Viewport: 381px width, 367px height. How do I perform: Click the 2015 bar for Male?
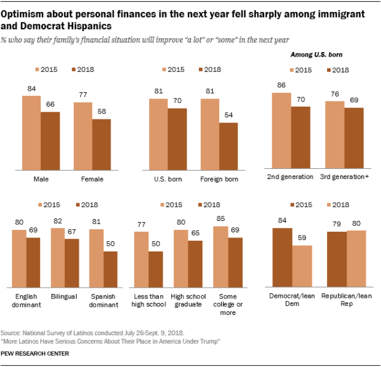coord(31,133)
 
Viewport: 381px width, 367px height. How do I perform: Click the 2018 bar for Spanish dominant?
coord(110,272)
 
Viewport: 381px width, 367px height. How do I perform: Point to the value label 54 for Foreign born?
coord(229,116)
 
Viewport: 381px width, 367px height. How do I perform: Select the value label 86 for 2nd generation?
coord(281,86)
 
